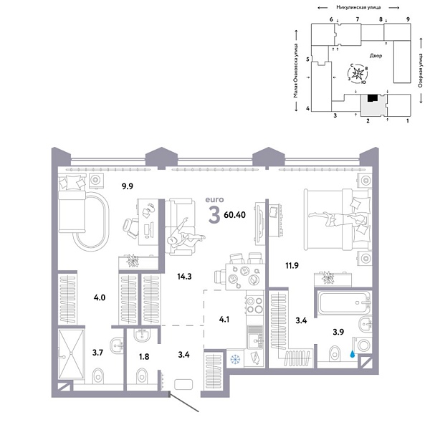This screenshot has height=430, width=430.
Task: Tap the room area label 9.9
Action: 128,186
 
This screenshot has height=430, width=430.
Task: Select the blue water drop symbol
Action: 352,353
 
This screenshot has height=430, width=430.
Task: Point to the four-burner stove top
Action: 255,306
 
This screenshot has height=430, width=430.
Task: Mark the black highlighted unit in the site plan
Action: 371,100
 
